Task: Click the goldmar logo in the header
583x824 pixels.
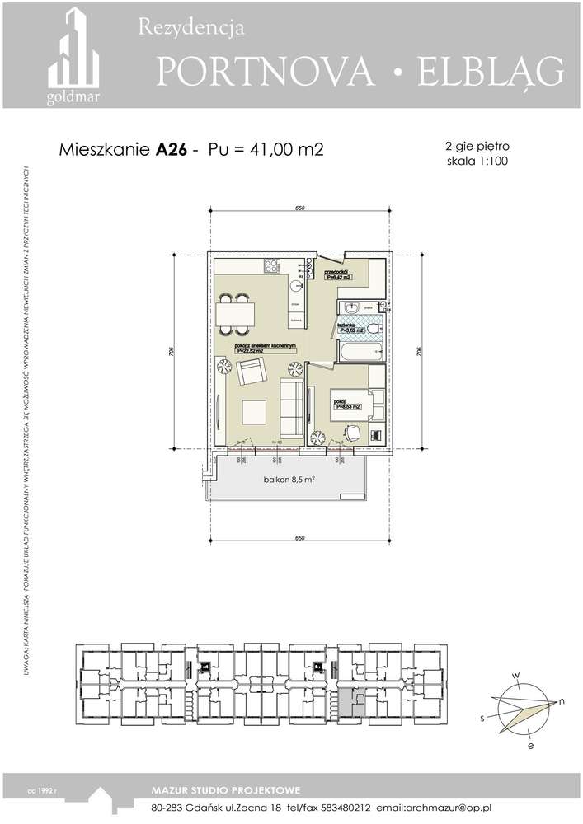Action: [x=73, y=58]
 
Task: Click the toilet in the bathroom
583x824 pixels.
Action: [x=373, y=329]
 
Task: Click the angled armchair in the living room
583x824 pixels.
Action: [x=250, y=373]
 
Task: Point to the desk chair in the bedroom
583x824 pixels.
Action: [x=353, y=432]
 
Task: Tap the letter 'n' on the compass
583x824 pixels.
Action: [x=561, y=701]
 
